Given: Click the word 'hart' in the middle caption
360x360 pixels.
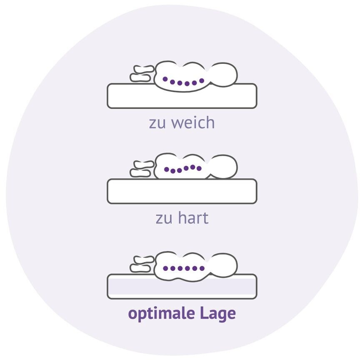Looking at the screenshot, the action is tap(192, 218).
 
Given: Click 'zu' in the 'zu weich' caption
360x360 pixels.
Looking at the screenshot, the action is tap(157, 123).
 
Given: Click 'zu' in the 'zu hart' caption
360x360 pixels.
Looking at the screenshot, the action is tap(164, 218).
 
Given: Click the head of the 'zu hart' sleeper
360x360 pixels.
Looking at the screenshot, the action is tap(224, 167).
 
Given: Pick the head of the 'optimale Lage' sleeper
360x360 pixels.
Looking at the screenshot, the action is tap(224, 265).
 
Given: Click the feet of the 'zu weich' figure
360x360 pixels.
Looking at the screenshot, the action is tap(141, 73).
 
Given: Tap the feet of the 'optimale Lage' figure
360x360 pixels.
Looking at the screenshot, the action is tap(141, 264).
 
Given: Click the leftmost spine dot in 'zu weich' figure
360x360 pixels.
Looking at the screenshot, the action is tap(165, 79).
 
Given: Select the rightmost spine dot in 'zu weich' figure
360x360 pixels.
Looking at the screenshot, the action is tap(202, 80).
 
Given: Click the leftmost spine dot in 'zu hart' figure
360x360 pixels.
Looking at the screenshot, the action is tap(166, 170).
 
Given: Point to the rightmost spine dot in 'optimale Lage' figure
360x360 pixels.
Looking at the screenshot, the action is tap(202, 268).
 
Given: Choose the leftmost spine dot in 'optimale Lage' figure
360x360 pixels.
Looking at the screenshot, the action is tap(165, 268).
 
